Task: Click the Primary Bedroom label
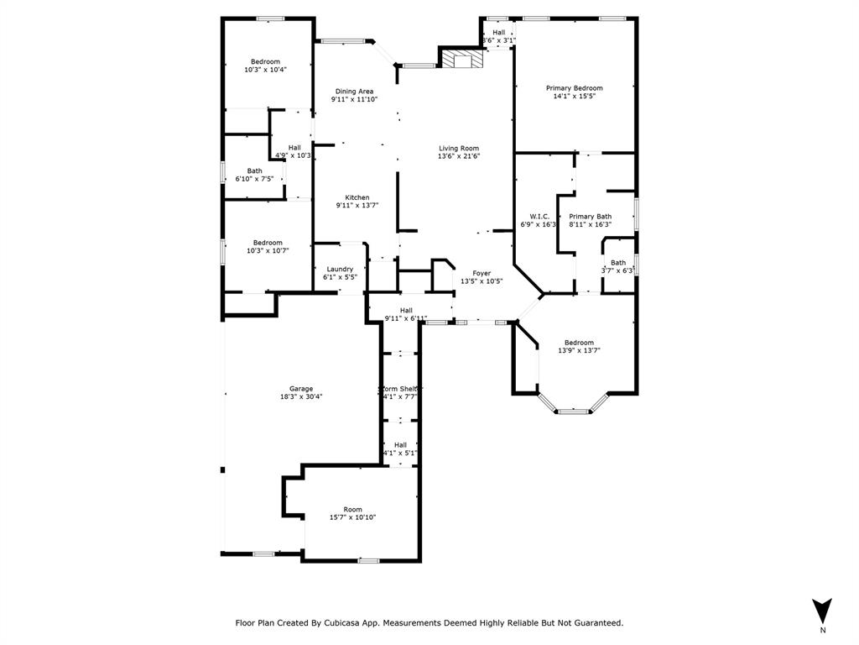574,88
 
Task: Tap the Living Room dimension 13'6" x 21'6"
458,156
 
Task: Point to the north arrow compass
822,611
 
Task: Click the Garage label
301,389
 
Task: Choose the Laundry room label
340,269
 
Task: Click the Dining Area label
354,92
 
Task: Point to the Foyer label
481,273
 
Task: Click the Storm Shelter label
400,389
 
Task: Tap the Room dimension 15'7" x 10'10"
352,518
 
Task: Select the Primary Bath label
590,217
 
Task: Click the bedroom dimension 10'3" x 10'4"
265,70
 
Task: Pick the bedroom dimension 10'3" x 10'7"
268,250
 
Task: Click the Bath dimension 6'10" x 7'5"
253,179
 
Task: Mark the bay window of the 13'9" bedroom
573,411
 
